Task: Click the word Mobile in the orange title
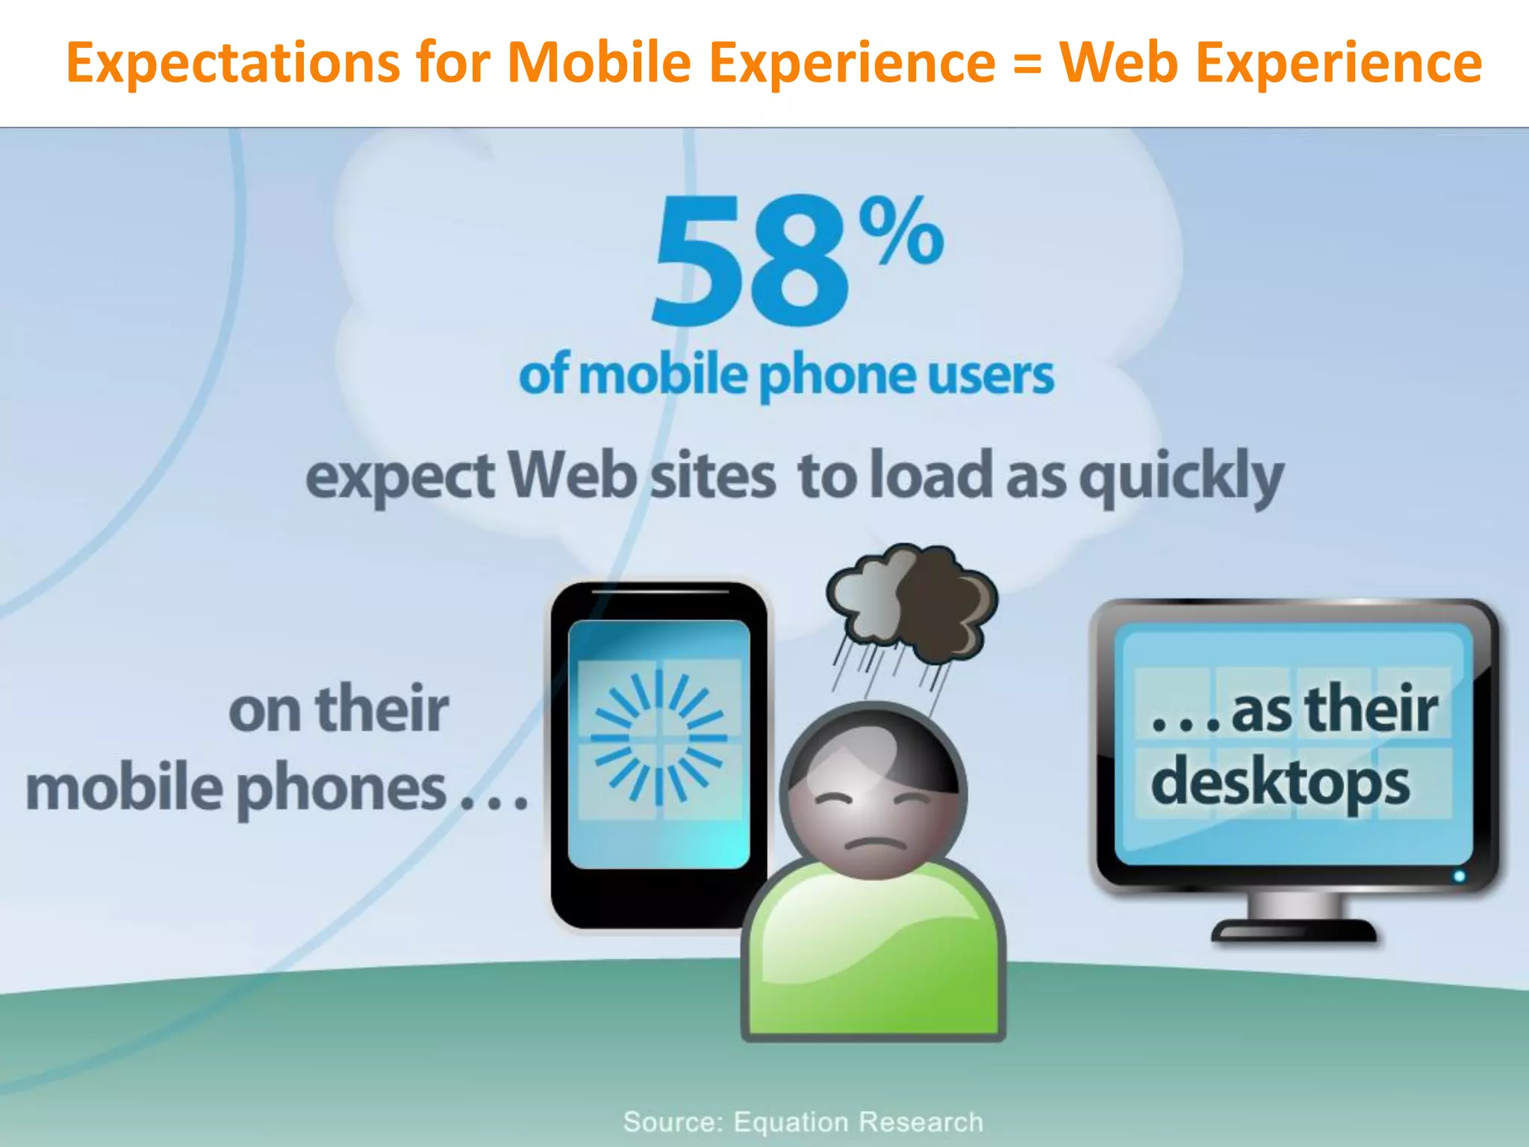tap(600, 63)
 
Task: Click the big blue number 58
tap(750, 263)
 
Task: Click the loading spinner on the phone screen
tap(658, 738)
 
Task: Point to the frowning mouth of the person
tap(874, 843)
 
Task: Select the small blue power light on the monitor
tap(1459, 876)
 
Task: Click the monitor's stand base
tap(1293, 930)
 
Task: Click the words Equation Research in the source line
tap(858, 1122)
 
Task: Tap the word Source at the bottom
tap(672, 1122)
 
